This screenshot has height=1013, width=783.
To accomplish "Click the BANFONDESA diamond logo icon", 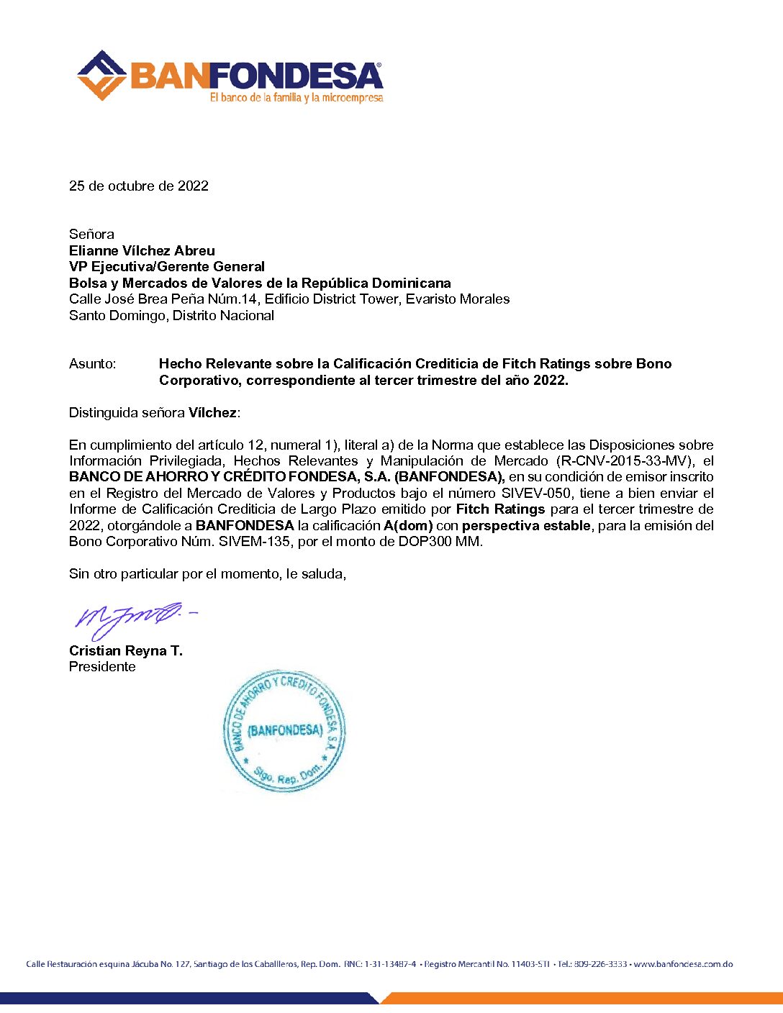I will pyautogui.click(x=101, y=75).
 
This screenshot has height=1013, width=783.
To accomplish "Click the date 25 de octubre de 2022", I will pyautogui.click(x=139, y=186).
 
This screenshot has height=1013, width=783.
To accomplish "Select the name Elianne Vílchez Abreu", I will pyautogui.click(x=142, y=250).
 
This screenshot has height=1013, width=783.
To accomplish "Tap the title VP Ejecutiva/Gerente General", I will pyautogui.click(x=167, y=266).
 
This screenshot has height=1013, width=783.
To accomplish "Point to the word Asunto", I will pyautogui.click(x=92, y=364).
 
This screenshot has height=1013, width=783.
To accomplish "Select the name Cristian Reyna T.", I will pyautogui.click(x=126, y=650).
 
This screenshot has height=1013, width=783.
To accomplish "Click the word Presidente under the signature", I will pyautogui.click(x=102, y=666).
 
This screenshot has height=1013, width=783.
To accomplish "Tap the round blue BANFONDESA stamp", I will pyautogui.click(x=284, y=730).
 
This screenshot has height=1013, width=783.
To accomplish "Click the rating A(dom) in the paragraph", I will pyautogui.click(x=408, y=525).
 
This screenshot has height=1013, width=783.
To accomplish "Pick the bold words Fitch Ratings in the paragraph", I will pyautogui.click(x=500, y=509).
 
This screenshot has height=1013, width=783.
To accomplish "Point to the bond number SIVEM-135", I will pyautogui.click(x=253, y=541).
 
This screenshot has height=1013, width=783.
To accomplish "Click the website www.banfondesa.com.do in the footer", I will pyautogui.click(x=683, y=963).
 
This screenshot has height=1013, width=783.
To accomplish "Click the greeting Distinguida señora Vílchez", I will pyautogui.click(x=155, y=412).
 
